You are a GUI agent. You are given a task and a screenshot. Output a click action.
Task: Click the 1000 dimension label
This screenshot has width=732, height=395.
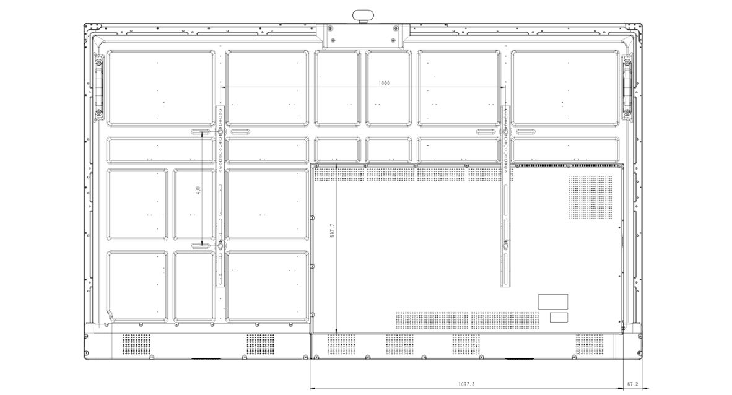tap(384, 84)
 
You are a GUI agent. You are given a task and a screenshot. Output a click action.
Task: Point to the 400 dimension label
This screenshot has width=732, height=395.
tap(198, 190)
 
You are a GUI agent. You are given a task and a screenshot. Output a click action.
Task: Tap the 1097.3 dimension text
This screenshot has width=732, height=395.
tap(466, 384)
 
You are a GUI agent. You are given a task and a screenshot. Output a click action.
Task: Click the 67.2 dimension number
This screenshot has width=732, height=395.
tap(632, 384)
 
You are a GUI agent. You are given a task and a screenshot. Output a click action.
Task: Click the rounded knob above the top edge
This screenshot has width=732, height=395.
tap(364, 16)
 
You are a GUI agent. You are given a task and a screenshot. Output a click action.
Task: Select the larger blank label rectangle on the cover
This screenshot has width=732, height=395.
tap(553, 302)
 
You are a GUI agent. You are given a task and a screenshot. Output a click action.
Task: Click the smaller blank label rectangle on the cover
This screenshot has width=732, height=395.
tap(559, 318)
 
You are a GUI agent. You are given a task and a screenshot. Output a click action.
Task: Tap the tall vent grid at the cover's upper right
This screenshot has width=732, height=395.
tap(591, 197)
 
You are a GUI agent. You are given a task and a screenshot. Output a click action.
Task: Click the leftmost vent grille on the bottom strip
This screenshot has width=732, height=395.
tap(137, 344)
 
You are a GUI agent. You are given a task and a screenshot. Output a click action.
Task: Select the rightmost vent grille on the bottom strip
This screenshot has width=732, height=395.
tap(590, 344)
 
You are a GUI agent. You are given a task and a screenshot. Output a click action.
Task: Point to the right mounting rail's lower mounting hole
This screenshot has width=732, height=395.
tap(506, 243)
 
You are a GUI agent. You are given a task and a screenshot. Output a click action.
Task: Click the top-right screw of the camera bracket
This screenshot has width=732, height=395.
tap(396, 28)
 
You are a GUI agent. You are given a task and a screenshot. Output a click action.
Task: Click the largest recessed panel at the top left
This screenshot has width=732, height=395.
tap(162, 89)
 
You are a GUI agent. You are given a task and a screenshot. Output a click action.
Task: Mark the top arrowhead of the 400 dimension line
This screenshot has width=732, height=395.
tap(202, 134)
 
